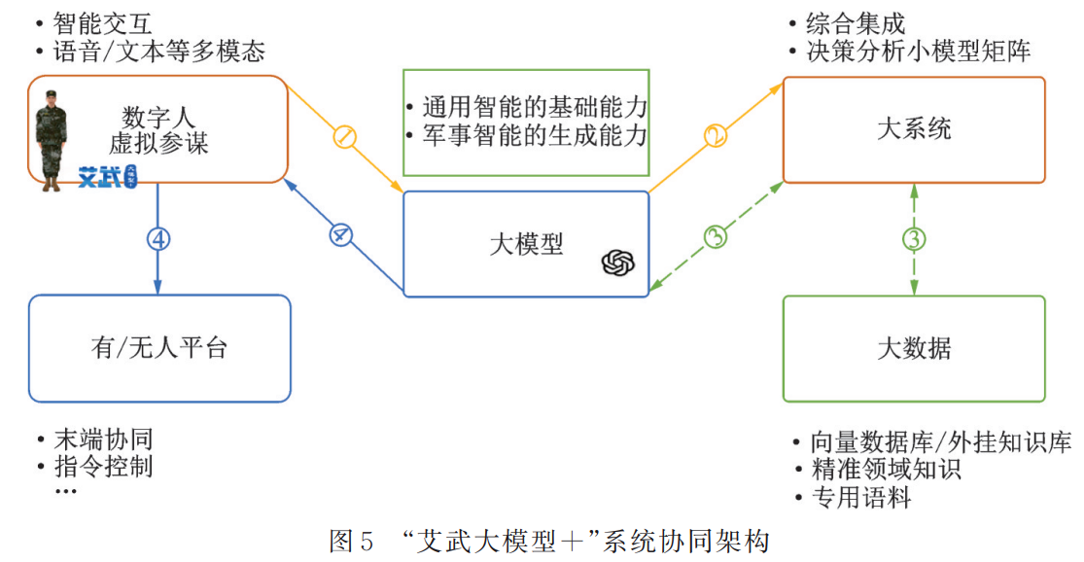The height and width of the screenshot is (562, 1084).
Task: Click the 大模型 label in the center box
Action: pyautogui.click(x=526, y=243)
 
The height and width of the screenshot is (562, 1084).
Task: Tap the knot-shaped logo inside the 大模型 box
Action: pyautogui.click(x=618, y=263)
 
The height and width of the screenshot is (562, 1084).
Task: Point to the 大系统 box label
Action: pyautogui.click(x=914, y=128)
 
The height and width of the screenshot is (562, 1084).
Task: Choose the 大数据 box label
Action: pyautogui.click(x=914, y=348)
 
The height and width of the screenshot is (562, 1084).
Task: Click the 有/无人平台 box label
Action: pyautogui.click(x=159, y=347)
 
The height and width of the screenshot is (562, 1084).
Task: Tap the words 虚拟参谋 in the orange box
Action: pyautogui.click(x=158, y=144)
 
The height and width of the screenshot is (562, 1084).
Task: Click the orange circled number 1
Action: pyautogui.click(x=344, y=137)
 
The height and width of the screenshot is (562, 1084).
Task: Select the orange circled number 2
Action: pyautogui.click(x=716, y=135)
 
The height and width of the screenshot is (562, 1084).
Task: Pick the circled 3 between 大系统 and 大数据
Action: pyautogui.click(x=913, y=237)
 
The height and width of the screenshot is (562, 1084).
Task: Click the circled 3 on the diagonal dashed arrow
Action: pyautogui.click(x=716, y=236)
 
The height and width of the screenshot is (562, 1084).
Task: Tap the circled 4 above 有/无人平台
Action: pyautogui.click(x=157, y=238)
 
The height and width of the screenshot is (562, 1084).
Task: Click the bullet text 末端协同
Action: pyautogui.click(x=102, y=439)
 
